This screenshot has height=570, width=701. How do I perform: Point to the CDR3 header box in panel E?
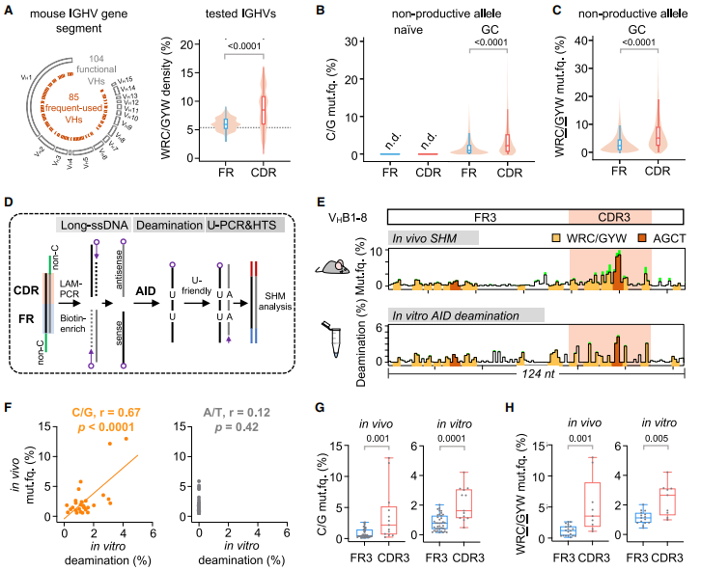coord(610,217)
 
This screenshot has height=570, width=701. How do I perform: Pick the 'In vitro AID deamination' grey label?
coord(467,313)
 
